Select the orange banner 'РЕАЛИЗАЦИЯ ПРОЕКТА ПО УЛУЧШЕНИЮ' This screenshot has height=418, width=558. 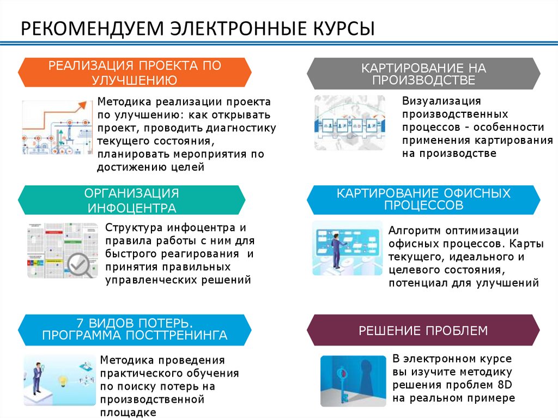coord(135,73)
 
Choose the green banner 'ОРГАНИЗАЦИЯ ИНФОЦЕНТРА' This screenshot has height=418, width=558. coord(132,200)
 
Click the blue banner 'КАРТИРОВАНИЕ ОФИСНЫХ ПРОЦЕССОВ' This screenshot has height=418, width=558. coord(423,199)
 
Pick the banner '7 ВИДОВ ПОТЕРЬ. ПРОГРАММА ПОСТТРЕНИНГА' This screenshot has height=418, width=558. coord(135,327)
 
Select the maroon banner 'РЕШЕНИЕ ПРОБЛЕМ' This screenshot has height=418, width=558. coord(423,330)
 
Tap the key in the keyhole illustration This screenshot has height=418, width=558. coord(343,381)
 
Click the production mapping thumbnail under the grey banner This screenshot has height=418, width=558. coord(349,123)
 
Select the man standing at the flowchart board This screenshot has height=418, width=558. coord(336,249)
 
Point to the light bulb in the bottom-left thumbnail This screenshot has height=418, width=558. coord(62,378)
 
